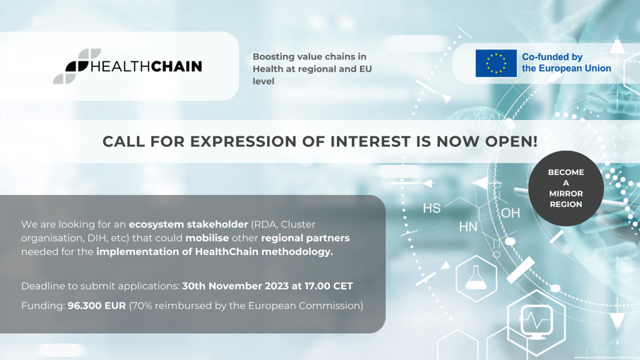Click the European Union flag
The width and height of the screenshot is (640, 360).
tap(496, 63)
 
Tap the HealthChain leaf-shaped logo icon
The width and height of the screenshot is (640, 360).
tap(77, 66)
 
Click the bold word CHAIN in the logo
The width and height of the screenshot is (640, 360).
tap(176, 66)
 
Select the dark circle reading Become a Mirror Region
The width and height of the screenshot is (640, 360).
tap(566, 188)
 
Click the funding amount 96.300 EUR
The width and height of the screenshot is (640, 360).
tap(97, 306)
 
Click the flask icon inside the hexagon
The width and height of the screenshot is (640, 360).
tap(476, 278)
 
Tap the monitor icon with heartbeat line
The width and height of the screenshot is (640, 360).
tap(536, 322)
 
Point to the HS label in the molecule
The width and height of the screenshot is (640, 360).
tap(432, 208)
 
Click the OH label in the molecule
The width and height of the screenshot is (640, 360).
tap(511, 212)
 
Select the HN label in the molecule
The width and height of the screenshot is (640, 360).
tap(468, 227)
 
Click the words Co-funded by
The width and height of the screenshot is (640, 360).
tap(552, 57)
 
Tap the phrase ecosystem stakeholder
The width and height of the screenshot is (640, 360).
tap(189, 224)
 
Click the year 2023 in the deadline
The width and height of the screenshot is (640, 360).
tap(277, 286)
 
